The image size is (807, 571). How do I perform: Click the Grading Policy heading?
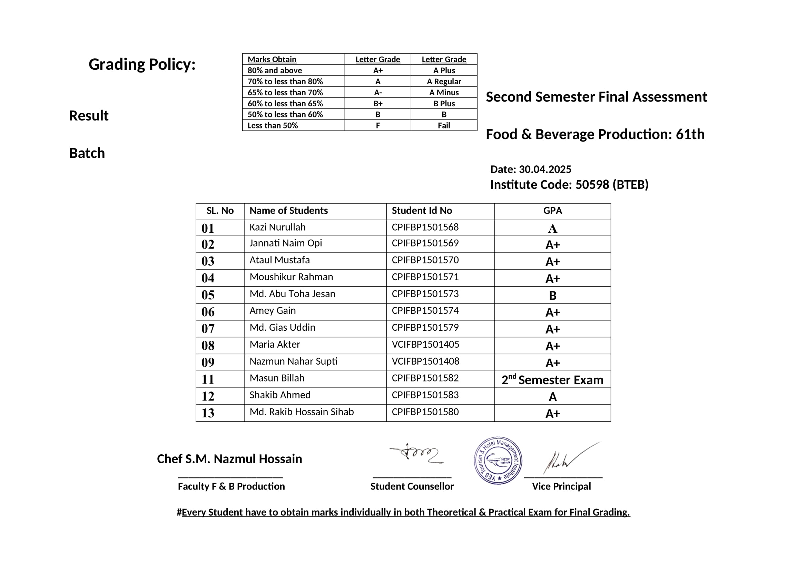click(x=142, y=65)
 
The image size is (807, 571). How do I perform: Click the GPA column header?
click(x=552, y=211)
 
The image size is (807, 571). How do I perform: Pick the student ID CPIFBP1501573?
click(x=425, y=294)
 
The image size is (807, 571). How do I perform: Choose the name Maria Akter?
click(x=275, y=345)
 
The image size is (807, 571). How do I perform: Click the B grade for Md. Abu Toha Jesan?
click(x=552, y=296)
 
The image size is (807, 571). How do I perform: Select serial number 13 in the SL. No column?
click(x=208, y=413)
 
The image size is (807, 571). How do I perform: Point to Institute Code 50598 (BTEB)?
click(x=569, y=185)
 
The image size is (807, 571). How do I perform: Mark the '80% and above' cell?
click(x=275, y=71)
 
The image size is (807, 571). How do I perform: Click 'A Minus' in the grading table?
click(x=444, y=93)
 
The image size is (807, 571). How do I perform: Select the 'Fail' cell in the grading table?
click(x=444, y=126)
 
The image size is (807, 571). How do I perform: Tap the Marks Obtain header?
click(x=272, y=60)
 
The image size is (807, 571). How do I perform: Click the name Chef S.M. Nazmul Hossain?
click(x=229, y=459)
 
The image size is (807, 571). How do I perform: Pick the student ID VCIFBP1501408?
click(x=425, y=361)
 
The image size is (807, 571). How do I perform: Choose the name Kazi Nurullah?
click(x=277, y=228)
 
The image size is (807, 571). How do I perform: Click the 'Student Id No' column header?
click(x=422, y=211)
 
